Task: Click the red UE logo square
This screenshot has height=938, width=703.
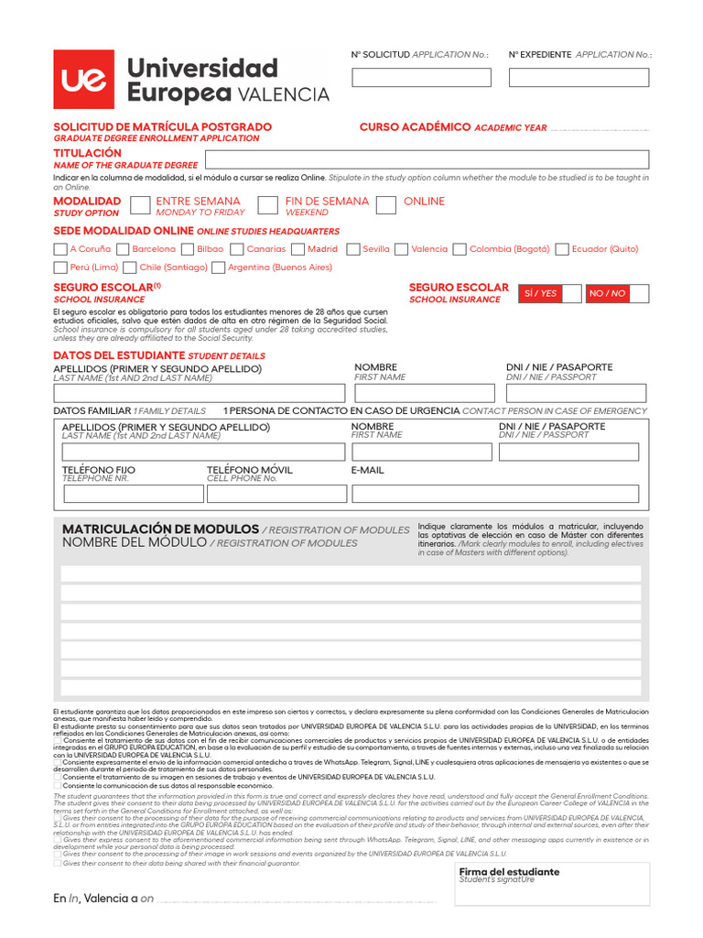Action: [83, 80]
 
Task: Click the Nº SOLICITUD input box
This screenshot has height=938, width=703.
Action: [421, 78]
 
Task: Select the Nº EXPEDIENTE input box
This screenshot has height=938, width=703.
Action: [579, 78]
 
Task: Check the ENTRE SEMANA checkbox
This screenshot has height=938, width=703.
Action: [140, 204]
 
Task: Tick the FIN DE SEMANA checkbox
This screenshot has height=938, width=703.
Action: [268, 204]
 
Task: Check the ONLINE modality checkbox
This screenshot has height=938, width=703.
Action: [386, 204]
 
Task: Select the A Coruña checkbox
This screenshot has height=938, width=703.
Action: [59, 249]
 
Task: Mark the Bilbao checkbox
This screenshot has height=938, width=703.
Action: [187, 249]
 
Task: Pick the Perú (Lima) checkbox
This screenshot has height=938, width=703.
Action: [59, 267]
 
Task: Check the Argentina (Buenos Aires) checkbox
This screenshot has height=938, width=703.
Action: [218, 267]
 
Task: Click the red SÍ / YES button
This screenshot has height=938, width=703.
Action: [539, 293]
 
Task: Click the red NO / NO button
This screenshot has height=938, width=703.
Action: [608, 293]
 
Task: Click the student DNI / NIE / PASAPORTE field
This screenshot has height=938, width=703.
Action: [576, 394]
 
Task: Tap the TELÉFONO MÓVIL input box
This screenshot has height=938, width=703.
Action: [276, 494]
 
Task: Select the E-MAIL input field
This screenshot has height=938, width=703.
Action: [495, 494]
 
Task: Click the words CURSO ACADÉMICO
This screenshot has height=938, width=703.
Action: [415, 127]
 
